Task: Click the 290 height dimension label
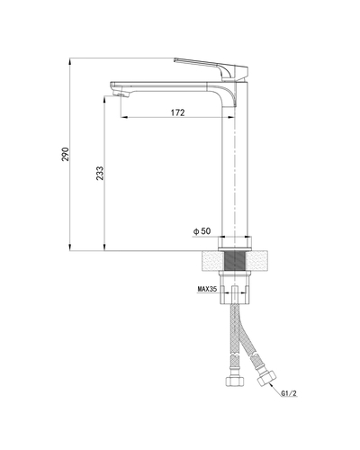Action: coord(66,154)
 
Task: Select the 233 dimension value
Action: coord(100,173)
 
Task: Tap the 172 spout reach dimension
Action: coord(178,112)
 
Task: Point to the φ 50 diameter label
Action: coord(202,231)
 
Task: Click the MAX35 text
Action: coord(207,289)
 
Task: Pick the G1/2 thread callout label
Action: coord(289,393)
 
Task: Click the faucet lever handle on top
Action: coord(211,69)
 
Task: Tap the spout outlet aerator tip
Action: coord(121,95)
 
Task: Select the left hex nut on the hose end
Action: coord(235,381)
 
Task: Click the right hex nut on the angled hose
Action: coord(265,379)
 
